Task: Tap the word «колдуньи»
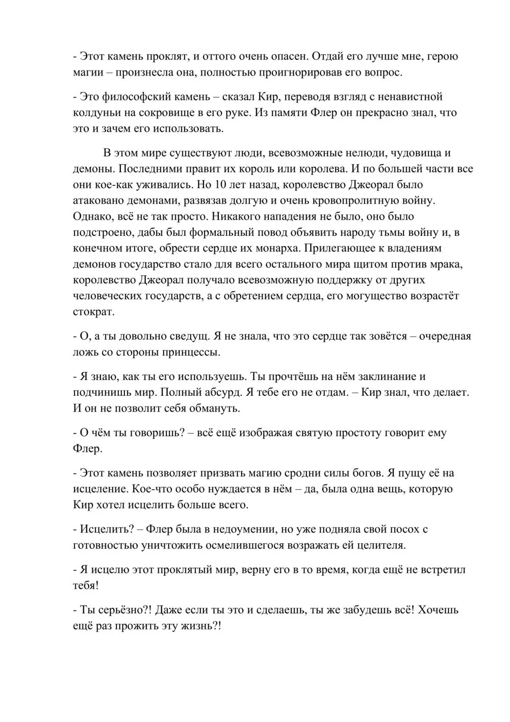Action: (x=95, y=112)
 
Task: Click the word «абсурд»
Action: (x=197, y=393)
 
